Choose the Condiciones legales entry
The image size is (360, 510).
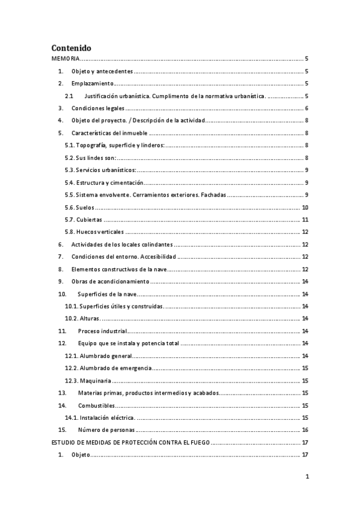pyautogui.click(x=98, y=109)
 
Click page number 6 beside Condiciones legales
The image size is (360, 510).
pyautogui.click(x=307, y=109)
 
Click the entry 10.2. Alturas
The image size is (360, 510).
pyautogui.click(x=83, y=319)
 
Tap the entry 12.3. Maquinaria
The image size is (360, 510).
pyautogui.click(x=87, y=381)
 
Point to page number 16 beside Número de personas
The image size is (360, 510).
pyautogui.click(x=305, y=431)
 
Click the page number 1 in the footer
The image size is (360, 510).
pyautogui.click(x=307, y=477)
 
